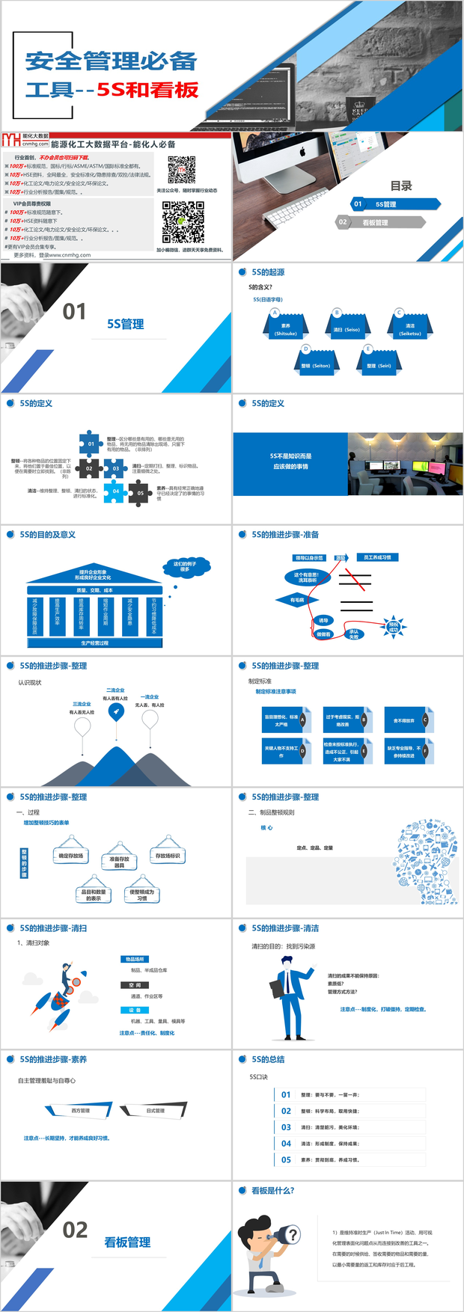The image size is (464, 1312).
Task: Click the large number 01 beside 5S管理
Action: click(74, 312)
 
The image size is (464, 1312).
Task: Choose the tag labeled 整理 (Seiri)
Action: click(379, 365)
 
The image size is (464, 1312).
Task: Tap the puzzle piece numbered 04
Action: click(115, 491)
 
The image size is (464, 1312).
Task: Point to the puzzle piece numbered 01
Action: click(91, 444)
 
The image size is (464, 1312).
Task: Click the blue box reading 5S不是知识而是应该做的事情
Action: click(290, 462)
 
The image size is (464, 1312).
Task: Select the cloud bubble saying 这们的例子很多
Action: click(185, 567)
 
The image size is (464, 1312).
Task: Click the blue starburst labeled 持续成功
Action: click(394, 627)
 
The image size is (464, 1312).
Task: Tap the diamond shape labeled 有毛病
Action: click(297, 600)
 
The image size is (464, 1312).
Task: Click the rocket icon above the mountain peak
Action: click(115, 711)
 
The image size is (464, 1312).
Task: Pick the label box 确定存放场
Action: click(71, 856)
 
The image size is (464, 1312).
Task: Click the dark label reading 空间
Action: click(135, 985)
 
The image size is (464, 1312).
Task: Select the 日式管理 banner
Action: click(155, 1111)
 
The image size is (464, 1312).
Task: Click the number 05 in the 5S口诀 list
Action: click(286, 1159)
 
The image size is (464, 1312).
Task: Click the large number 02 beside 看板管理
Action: click(75, 1230)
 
